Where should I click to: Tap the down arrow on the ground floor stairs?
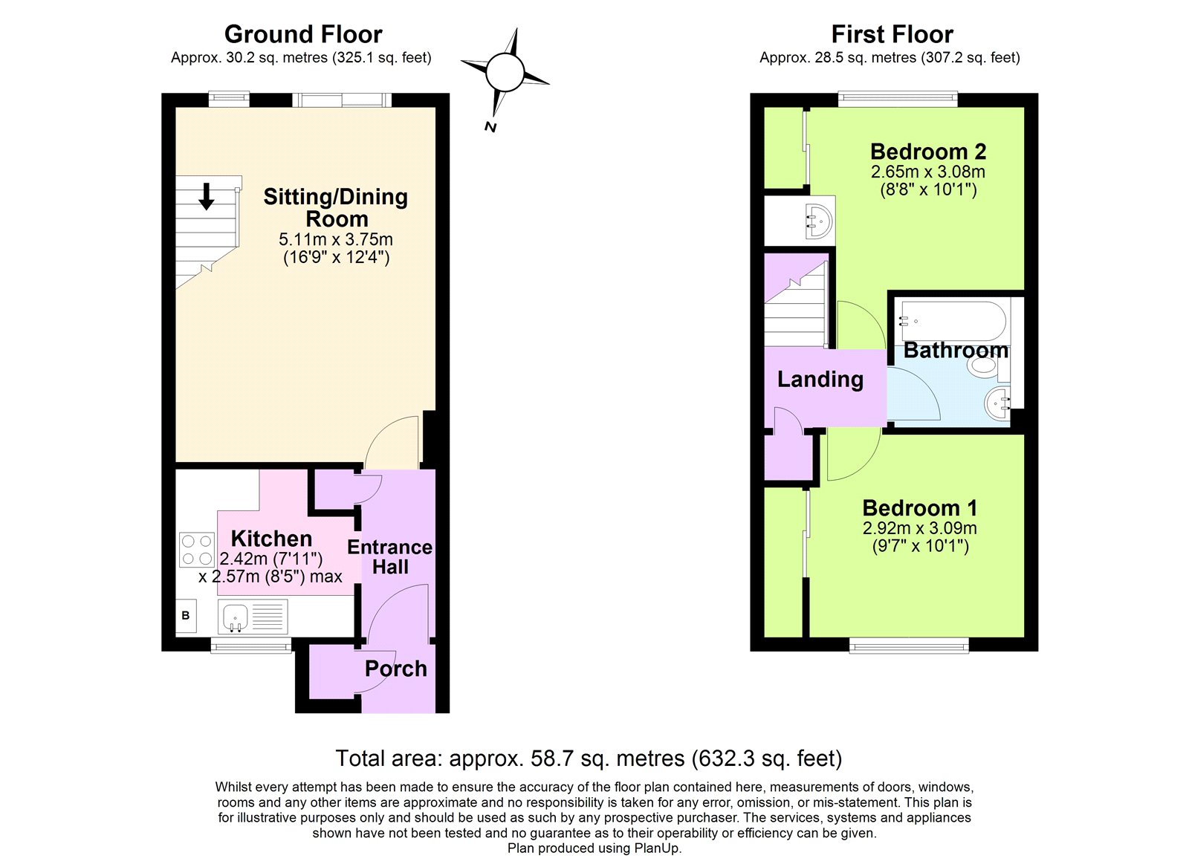coord(207,196)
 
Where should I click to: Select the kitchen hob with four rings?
coord(196,550)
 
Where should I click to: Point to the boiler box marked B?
coord(186,616)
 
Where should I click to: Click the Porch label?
coord(395,669)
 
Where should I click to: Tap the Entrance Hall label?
coord(389,557)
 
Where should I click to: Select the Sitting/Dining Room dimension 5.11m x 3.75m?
coord(336,240)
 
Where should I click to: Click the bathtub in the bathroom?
coord(953,320)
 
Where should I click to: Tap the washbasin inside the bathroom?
coord(998,403)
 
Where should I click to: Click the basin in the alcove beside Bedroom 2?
coord(817,221)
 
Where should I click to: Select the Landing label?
coord(820,380)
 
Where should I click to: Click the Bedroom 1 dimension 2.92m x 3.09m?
coord(919,528)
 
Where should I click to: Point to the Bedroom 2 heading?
coord(927,152)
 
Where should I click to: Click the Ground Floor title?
coord(303,34)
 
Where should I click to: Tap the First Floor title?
coord(892,34)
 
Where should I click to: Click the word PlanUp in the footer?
coord(655,848)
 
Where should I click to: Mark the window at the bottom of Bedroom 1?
coord(909,645)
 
